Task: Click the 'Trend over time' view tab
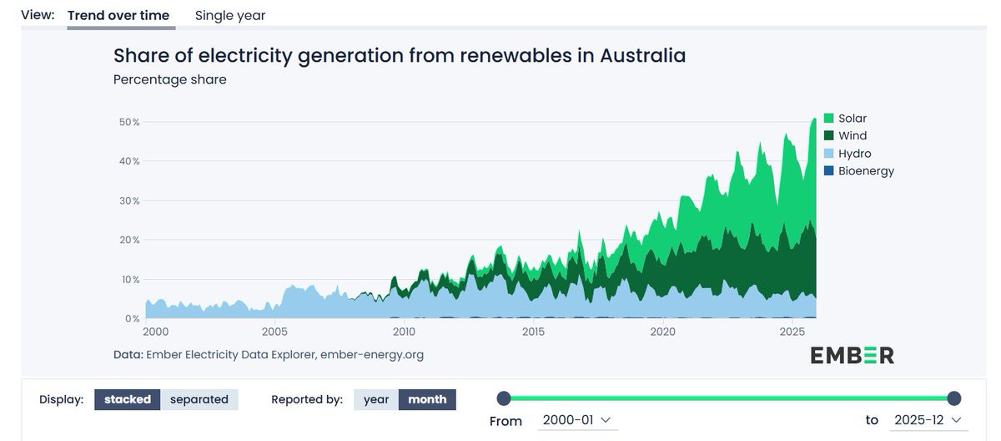click(118, 15)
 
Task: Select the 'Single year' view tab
click(230, 15)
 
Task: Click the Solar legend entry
click(852, 119)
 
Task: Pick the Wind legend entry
click(852, 136)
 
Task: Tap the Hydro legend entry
click(854, 154)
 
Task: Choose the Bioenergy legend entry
click(865, 171)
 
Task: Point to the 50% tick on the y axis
click(129, 122)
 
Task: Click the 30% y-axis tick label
click(129, 200)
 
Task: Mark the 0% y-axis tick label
click(132, 319)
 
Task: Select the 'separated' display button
click(199, 399)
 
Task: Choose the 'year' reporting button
click(376, 399)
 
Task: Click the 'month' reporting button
click(427, 399)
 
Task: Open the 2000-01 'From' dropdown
click(576, 420)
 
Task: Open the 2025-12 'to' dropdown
click(927, 420)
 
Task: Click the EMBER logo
click(852, 355)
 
